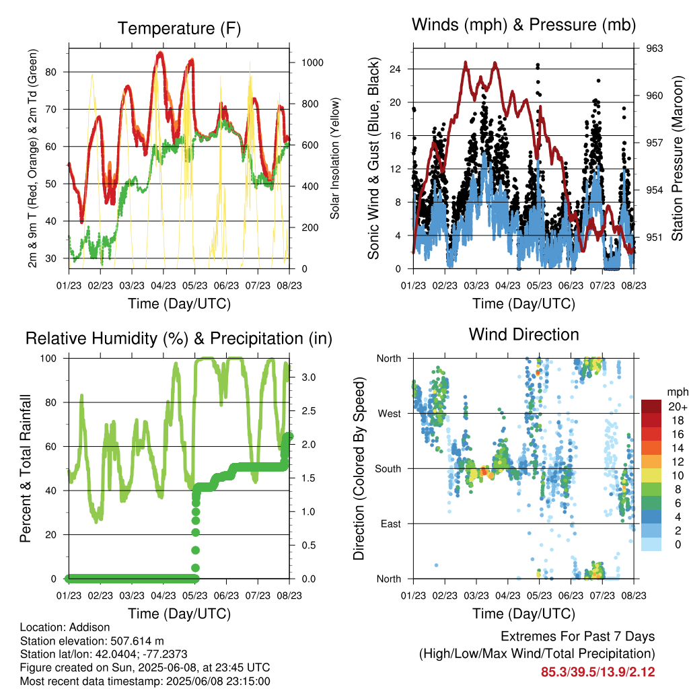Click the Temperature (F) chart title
[179, 28]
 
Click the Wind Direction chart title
[523, 334]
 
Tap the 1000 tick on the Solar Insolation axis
[312, 63]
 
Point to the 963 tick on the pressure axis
[654, 48]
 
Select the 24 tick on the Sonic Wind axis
[395, 69]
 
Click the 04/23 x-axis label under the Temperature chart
[164, 285]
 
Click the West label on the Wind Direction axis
[390, 414]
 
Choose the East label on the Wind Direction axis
[391, 523]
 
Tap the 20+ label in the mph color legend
[678, 406]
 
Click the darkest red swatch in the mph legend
[651, 406]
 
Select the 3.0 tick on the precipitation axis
[309, 377]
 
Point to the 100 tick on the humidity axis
[48, 359]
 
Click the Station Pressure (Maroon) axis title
[677, 158]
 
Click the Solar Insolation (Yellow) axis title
[335, 158]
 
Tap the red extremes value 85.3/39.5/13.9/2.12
[598, 672]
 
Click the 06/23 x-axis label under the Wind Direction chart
[571, 595]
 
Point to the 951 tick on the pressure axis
[654, 238]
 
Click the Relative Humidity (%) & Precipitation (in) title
[179, 339]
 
